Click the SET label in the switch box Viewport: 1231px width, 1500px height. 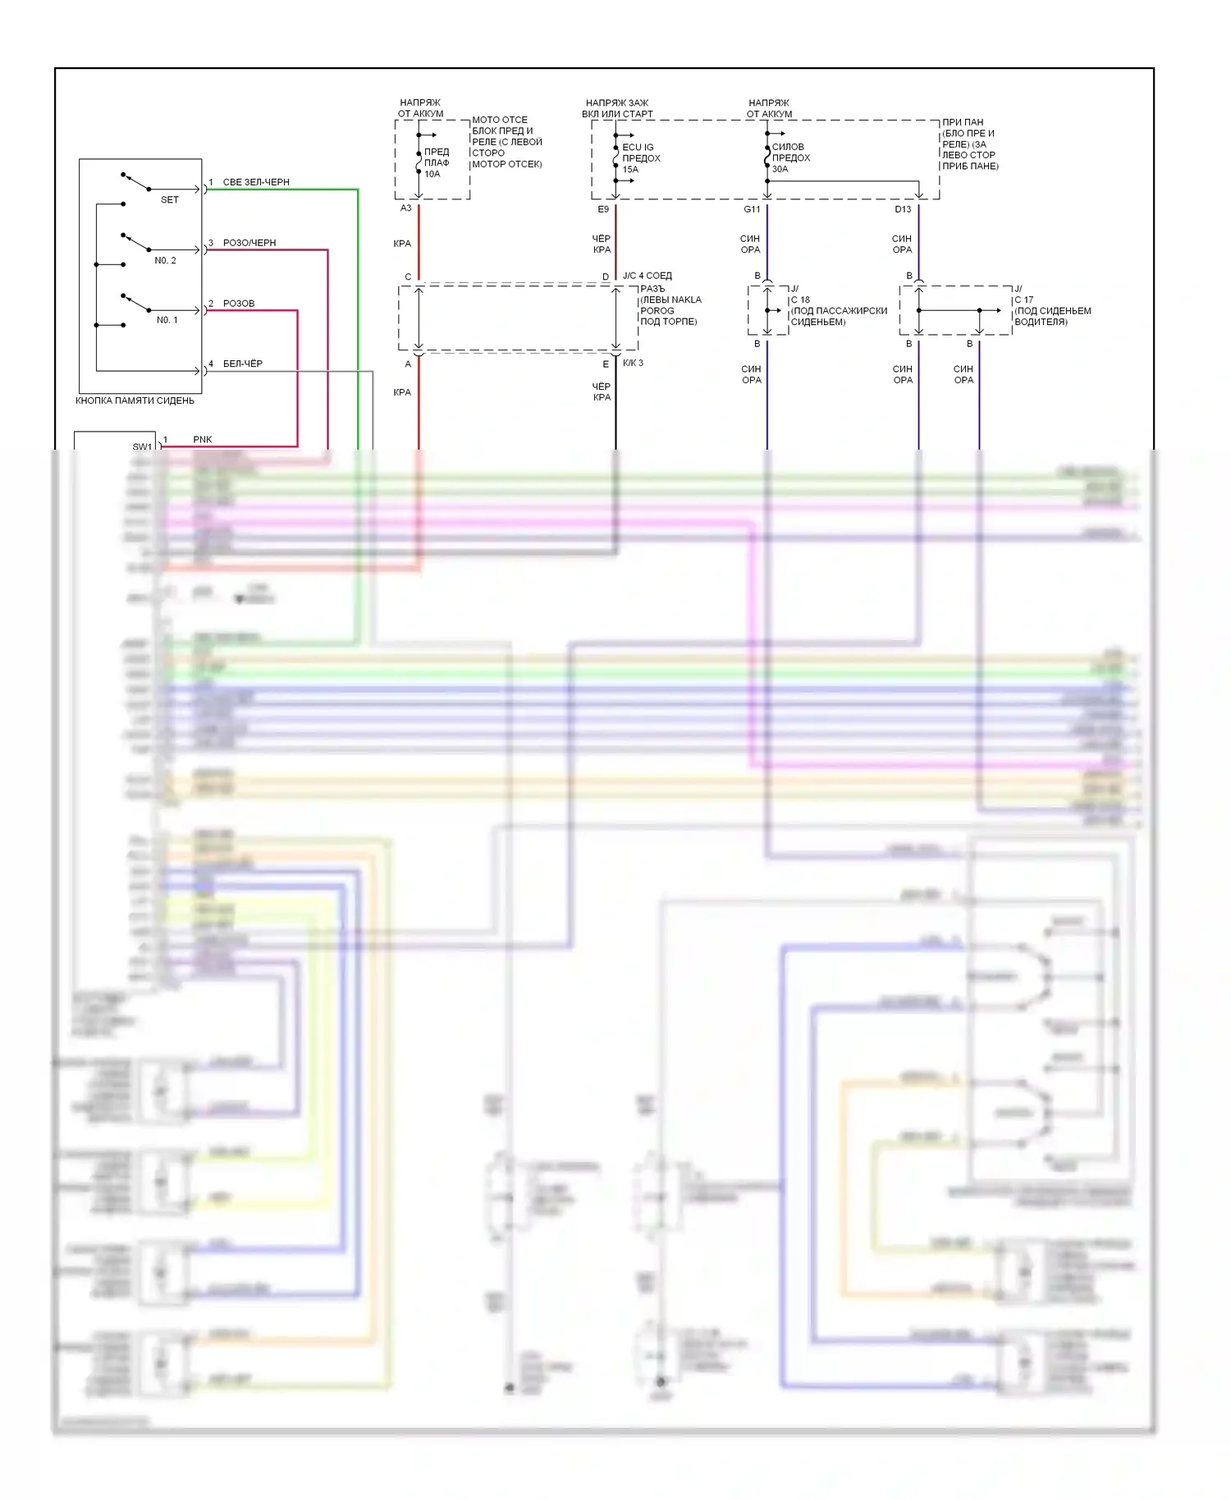coord(169,199)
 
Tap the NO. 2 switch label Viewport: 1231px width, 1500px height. coord(165,260)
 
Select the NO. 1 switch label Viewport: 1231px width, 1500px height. coord(167,320)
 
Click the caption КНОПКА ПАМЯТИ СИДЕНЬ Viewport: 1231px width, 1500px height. coord(135,400)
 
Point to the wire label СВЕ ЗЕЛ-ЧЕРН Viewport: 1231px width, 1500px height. coord(256,182)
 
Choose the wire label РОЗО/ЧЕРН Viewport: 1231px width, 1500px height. coord(249,243)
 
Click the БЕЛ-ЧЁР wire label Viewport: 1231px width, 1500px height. coord(243,364)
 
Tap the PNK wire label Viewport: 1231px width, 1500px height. coord(202,440)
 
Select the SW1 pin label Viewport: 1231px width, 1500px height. coord(142,446)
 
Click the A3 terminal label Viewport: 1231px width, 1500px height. coord(405,208)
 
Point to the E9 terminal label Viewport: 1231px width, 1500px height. coord(603,209)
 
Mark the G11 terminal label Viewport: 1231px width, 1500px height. coord(752,209)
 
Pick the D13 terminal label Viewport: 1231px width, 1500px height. coord(903,209)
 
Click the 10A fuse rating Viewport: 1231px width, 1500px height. coord(432,174)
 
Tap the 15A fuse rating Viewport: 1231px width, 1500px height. coord(630,170)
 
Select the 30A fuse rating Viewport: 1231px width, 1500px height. coord(780,169)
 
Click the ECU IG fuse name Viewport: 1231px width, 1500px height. coord(638,148)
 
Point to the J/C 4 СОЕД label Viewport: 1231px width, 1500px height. coord(647,276)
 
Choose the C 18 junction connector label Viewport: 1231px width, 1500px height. coord(800,300)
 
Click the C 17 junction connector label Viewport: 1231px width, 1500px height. coord(1023,300)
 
